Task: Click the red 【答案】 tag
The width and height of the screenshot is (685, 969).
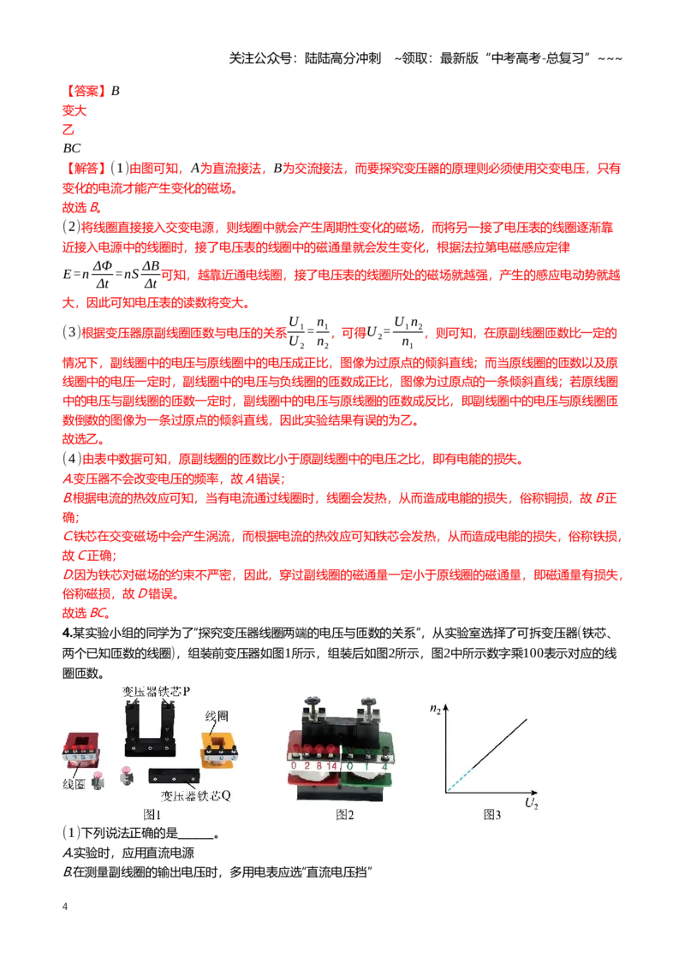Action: point(85,91)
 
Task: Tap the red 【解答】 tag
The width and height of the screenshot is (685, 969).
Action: point(85,168)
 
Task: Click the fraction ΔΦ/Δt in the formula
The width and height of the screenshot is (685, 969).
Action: point(103,275)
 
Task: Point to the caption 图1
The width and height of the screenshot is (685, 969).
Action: point(152,815)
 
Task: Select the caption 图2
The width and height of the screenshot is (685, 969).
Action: point(344,815)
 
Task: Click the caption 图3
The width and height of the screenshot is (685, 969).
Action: point(491,815)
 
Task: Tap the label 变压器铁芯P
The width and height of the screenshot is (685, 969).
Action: point(157,691)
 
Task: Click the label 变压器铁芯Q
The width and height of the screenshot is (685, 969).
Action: point(195,795)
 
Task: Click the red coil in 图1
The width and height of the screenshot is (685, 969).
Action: point(81,749)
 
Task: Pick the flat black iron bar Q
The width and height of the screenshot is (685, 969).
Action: point(174,776)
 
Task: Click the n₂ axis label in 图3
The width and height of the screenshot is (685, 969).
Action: point(435,709)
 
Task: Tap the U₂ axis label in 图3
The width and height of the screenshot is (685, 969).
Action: point(531,804)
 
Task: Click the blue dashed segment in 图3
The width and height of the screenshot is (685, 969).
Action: point(459,780)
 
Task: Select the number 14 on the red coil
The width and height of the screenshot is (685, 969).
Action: point(331,765)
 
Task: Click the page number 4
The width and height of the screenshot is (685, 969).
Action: point(65,906)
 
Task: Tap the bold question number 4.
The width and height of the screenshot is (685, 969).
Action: point(67,633)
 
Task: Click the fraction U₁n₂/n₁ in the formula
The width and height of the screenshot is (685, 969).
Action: point(408,332)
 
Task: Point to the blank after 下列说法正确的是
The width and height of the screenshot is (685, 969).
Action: point(195,835)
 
